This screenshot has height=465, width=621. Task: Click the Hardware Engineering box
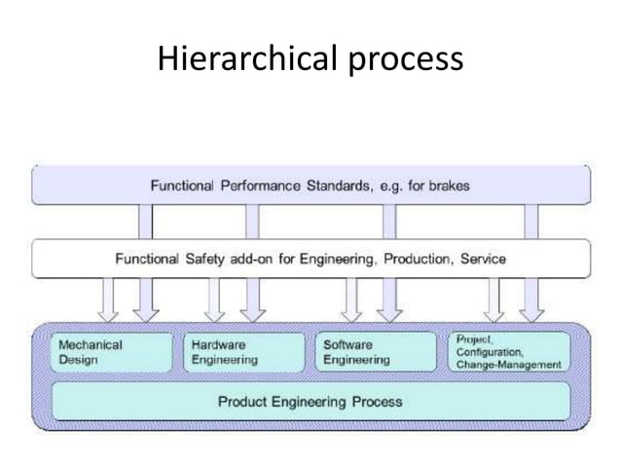click(243, 351)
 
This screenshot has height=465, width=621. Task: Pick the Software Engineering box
click(376, 351)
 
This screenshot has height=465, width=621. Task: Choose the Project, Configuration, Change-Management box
click(507, 351)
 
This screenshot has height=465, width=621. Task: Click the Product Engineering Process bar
click(310, 401)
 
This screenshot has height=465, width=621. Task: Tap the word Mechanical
click(91, 344)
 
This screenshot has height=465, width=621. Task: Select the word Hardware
click(219, 344)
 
